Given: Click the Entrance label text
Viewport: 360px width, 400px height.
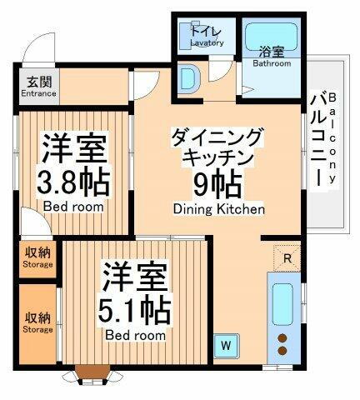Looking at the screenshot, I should point(39,93).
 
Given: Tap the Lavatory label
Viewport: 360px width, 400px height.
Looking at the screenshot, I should point(207,43).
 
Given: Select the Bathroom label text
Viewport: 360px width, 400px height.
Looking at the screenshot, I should point(272,62).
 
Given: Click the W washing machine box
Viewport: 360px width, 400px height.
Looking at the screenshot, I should point(225,342).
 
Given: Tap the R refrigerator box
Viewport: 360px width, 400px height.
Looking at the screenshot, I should point(286,257).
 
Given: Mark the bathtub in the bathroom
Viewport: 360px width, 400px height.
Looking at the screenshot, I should point(272,38).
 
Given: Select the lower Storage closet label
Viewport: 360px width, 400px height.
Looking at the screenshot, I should point(37,322).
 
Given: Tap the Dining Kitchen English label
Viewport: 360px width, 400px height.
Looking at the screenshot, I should point(219,209).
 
